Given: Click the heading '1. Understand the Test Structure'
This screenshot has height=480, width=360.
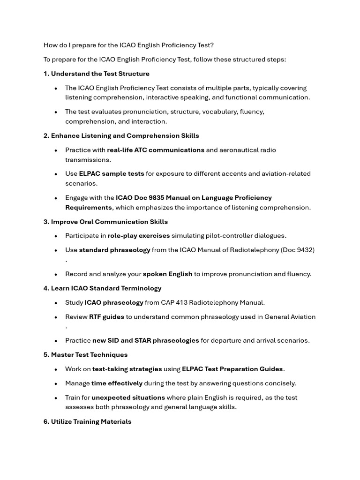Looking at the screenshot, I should point(97,74).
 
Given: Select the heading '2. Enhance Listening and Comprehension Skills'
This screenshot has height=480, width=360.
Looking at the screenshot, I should point(121,135).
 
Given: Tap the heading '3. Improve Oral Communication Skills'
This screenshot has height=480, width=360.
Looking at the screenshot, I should point(105,222).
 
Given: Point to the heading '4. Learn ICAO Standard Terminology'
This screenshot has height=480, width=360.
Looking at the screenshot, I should point(102,288).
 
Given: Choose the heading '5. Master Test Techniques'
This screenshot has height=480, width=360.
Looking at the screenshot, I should point(85,355).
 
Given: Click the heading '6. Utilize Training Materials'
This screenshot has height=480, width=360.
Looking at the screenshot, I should point(88,421).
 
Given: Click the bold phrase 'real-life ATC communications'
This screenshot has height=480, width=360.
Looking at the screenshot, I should point(156,150).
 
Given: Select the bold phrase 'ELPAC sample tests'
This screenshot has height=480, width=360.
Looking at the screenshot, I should point(112,173).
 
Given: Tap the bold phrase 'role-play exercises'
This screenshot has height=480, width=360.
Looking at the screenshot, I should point(139,236).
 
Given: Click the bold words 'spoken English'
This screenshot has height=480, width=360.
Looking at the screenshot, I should point(167,274).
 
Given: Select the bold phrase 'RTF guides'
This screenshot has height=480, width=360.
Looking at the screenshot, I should point(106,317).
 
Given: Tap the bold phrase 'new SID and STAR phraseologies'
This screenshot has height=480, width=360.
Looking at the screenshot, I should point(146,340).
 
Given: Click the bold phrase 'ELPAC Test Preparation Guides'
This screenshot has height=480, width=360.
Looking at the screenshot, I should point(232,369).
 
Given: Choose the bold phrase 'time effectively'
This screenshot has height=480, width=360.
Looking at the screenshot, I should point(117,383).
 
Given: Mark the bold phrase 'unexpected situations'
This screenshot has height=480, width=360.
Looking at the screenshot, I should point(128,397).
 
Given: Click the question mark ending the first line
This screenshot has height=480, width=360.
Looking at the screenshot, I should point(212,45).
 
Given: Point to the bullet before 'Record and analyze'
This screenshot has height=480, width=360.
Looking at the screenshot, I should point(56,274).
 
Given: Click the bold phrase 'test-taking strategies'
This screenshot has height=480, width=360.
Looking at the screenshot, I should point(127,369).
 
